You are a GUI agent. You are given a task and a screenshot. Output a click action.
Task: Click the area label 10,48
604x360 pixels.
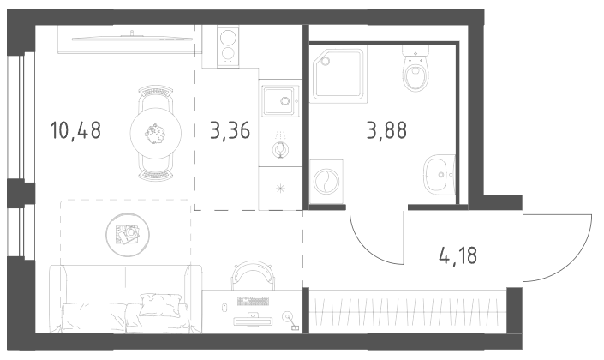pos(75,130)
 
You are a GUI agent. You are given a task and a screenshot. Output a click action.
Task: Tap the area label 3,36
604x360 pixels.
pos(230,130)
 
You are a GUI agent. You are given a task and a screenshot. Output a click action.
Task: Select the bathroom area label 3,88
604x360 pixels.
pos(386,130)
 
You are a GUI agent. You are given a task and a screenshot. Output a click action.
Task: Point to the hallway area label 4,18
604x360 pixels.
pos(458,255)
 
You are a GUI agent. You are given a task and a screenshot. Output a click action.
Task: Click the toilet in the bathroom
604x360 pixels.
pos(416,69)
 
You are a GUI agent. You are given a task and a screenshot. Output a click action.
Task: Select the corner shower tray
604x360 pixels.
pos(338,74)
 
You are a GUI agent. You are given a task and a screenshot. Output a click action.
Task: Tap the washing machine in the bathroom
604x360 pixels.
pos(326,182)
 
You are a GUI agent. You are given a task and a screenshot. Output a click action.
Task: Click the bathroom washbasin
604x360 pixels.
pos(440,175)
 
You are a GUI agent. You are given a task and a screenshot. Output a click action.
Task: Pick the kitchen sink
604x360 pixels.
pos(280,101)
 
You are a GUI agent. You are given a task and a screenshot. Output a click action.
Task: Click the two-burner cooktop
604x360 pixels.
pos(228,46)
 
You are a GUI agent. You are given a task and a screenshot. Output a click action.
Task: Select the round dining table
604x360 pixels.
pos(156,133)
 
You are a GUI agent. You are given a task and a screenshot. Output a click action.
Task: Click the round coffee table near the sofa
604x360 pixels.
pos(128,235)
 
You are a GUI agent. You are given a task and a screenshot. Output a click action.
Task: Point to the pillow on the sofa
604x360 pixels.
pos(160,305)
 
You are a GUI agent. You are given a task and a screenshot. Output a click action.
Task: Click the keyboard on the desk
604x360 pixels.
pos(253,301)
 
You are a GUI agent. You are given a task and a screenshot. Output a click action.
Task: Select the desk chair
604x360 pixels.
pos(253,274)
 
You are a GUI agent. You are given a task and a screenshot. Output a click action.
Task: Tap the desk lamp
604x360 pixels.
pos(290,321)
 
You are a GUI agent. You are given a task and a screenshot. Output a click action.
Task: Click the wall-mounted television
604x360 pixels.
pos(131,38)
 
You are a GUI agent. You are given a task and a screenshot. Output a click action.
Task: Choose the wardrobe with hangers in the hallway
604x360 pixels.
pos(408,311)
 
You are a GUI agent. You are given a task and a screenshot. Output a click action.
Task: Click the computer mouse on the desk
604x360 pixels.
pos(224,307)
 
